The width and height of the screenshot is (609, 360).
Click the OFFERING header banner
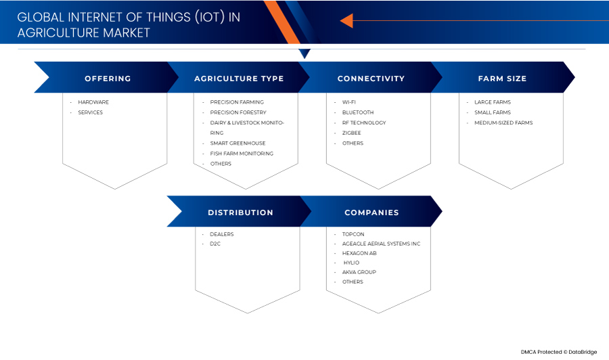(108, 78)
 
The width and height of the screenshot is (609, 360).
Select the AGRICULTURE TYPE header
(239, 78)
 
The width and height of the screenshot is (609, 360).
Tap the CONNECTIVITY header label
(371, 78)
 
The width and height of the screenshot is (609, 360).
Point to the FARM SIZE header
(502, 78)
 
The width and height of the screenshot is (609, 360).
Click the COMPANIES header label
(371, 212)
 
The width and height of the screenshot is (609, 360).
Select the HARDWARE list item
(93, 102)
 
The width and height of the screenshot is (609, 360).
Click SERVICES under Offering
(90, 112)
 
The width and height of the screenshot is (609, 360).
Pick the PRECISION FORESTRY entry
(238, 112)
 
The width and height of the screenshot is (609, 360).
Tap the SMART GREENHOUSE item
(238, 143)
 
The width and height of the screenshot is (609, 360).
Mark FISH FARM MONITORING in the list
(242, 154)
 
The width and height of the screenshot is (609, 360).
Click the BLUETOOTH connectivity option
(358, 112)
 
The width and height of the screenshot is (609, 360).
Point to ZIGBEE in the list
(351, 133)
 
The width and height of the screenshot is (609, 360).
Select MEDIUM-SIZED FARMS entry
(503, 122)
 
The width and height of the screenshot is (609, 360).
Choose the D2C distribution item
(215, 244)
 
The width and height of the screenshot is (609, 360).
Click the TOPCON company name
(353, 234)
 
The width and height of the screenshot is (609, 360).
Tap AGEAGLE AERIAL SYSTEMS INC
(381, 244)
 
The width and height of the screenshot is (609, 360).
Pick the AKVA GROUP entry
(359, 272)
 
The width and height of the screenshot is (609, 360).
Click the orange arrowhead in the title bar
(347, 20)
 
